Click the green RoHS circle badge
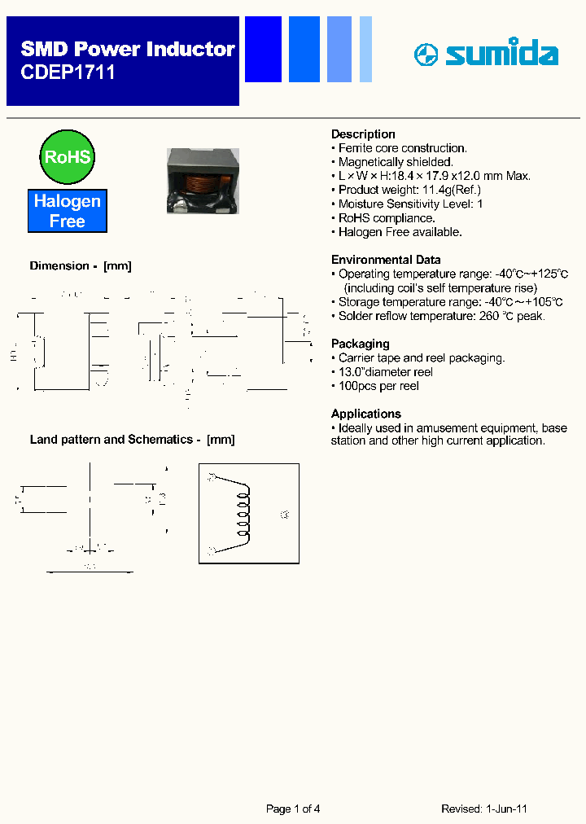[67, 156]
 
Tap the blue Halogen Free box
[68, 211]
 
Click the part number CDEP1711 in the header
[68, 72]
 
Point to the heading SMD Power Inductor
[127, 50]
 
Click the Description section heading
[363, 134]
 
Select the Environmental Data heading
[386, 260]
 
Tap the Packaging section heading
[360, 344]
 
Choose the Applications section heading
[365, 414]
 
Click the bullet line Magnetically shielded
[396, 162]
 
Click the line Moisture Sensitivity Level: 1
[410, 204]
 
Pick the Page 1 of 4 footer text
[293, 809]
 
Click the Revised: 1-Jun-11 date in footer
[484, 809]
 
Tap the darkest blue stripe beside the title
[263, 50]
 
